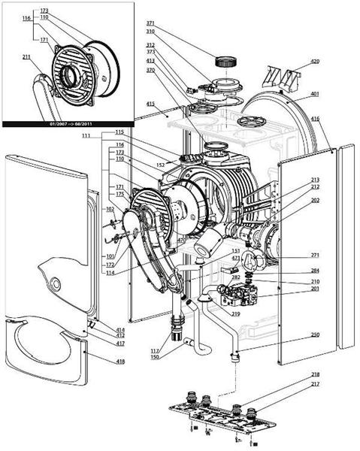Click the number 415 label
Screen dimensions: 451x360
[150, 103]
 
